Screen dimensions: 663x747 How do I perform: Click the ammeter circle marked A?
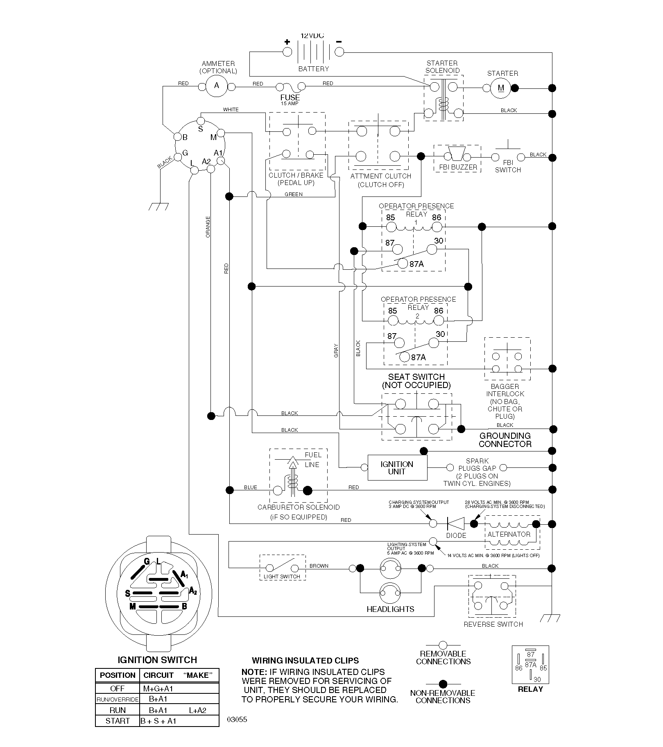(217, 86)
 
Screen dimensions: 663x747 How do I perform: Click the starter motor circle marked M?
(501, 88)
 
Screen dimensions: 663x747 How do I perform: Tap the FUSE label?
(290, 97)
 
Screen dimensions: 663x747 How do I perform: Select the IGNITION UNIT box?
(397, 468)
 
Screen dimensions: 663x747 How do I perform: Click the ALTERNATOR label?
(509, 534)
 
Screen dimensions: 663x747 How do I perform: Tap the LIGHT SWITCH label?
(282, 576)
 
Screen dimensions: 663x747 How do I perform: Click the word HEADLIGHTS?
(390, 609)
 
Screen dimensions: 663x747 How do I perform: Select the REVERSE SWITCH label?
(493, 624)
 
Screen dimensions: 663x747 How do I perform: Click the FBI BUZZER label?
(458, 167)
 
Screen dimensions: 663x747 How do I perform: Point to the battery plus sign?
(287, 42)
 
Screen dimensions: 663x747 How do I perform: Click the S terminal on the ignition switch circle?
(201, 121)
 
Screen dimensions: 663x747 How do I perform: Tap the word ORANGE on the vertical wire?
(208, 227)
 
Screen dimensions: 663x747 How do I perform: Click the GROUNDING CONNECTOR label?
(505, 440)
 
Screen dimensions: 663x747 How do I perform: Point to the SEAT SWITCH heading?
(416, 377)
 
